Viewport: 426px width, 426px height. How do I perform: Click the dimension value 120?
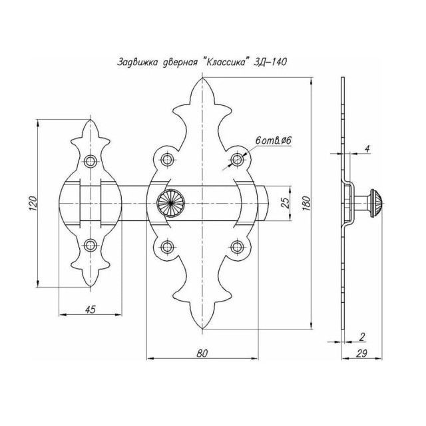point(33,203)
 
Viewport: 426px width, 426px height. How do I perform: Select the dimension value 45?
point(91,309)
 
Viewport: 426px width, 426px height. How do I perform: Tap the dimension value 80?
point(202,353)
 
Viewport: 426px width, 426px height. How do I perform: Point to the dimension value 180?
point(306,203)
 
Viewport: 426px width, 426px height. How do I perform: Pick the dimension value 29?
point(361,353)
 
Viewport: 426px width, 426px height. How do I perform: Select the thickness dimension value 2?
point(361,337)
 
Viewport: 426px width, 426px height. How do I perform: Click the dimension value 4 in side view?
point(367,149)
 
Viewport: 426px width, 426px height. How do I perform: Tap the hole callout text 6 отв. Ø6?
point(274,140)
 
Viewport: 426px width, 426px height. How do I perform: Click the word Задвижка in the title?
point(137,62)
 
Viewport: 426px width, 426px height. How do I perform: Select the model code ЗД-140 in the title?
point(270,62)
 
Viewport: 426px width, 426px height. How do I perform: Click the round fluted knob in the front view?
point(171,203)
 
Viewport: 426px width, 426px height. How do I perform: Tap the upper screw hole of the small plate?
point(91,161)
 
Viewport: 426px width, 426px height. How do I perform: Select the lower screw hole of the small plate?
point(91,245)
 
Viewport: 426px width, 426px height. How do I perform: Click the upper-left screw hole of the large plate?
point(167,160)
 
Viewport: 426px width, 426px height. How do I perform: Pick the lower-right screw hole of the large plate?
point(238,247)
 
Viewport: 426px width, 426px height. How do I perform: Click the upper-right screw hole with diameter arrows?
point(238,160)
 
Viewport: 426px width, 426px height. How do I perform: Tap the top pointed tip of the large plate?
point(202,78)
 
